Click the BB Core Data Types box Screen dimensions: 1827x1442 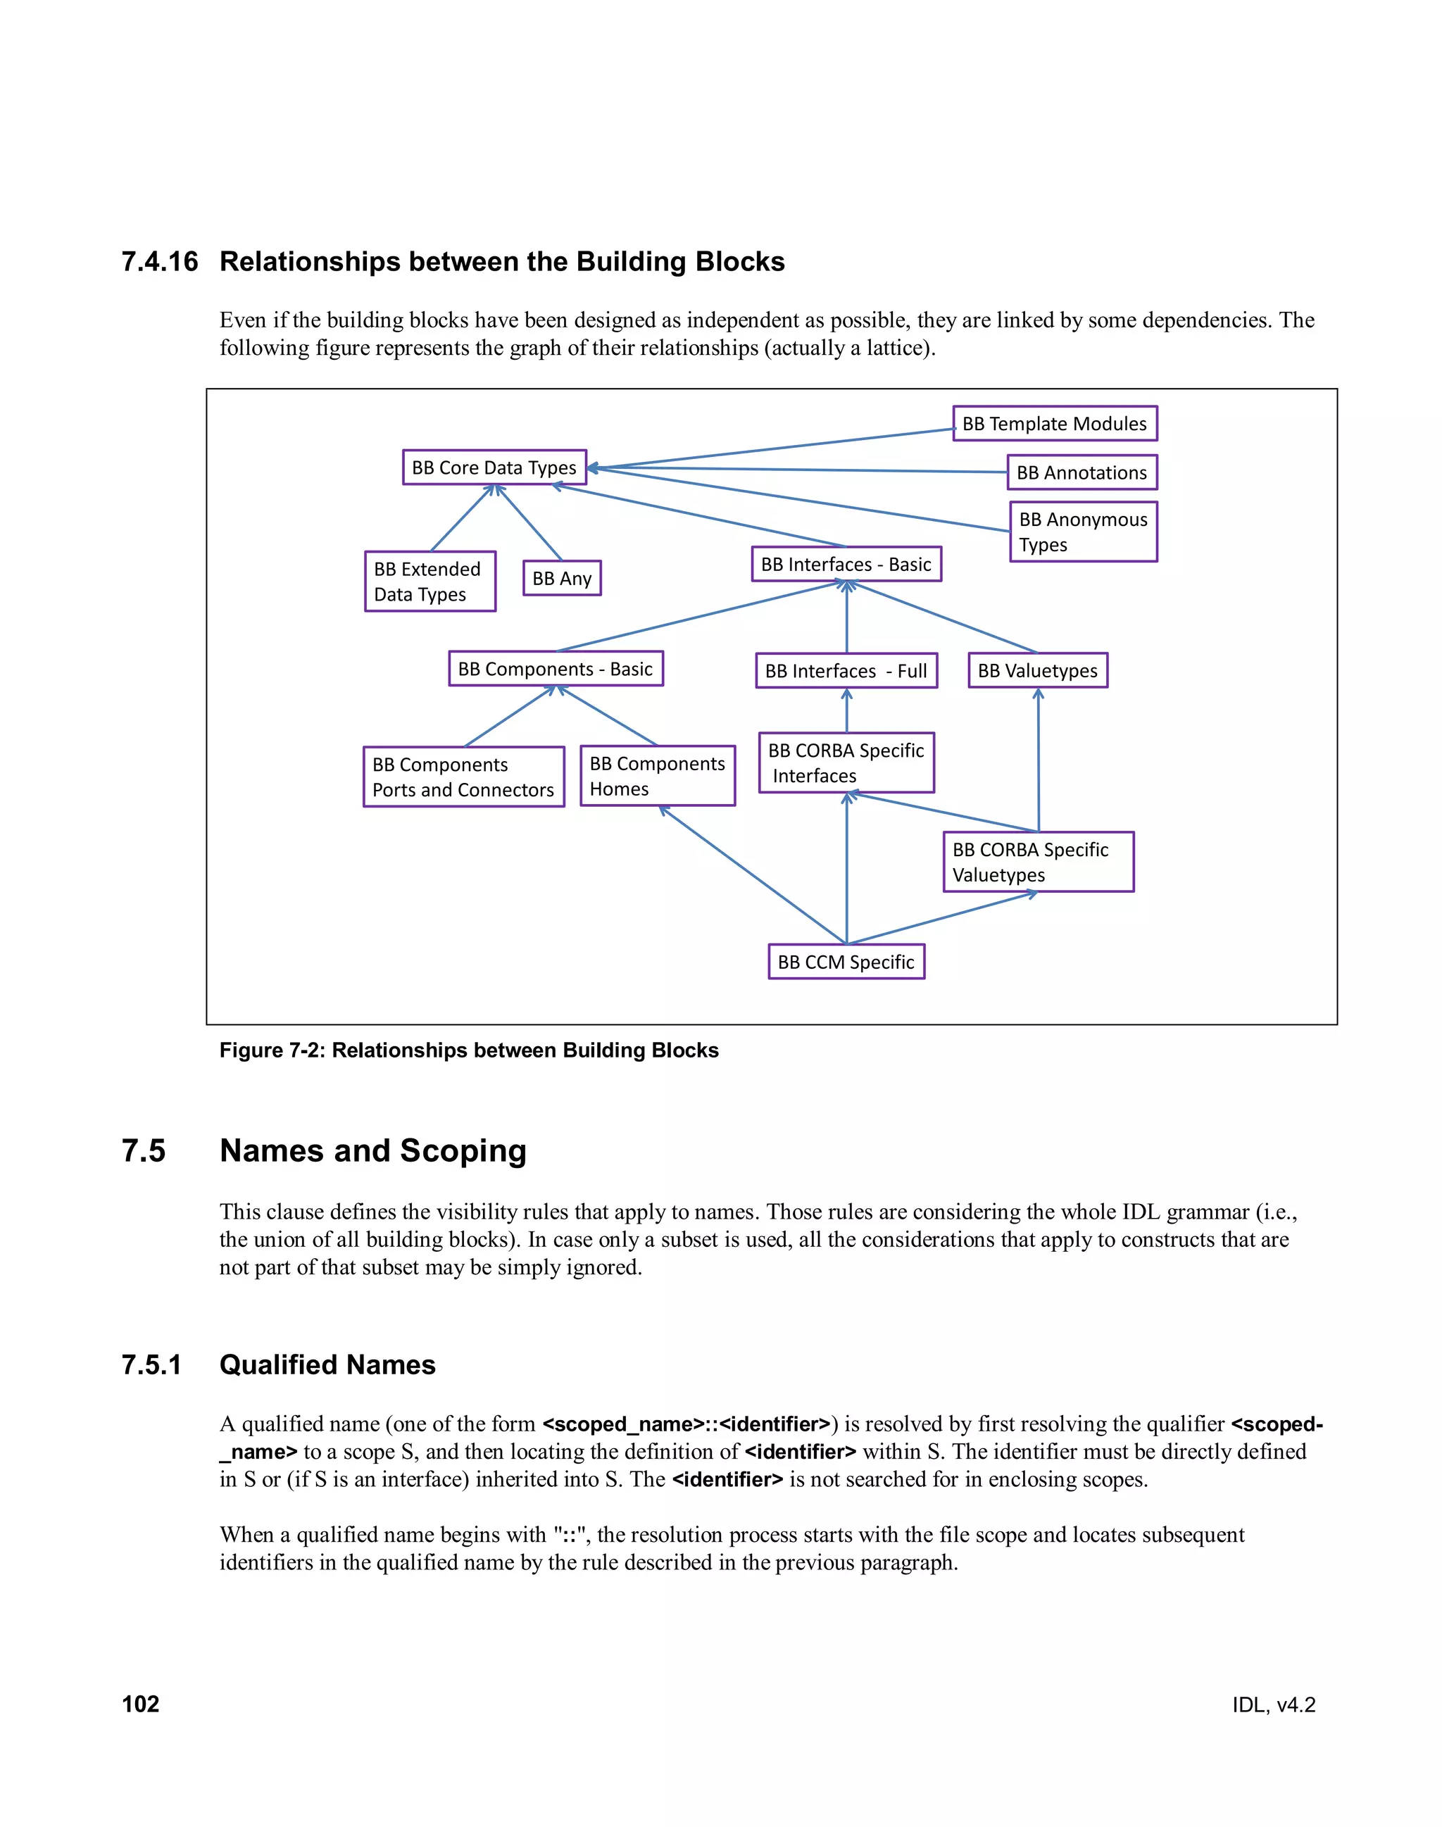pyautogui.click(x=494, y=467)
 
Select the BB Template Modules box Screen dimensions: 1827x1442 pyautogui.click(x=1055, y=423)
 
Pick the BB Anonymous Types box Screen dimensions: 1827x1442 pyautogui.click(x=1083, y=531)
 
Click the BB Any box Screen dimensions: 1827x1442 pyautogui.click(x=561, y=578)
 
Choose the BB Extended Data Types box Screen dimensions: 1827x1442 pyautogui.click(x=430, y=581)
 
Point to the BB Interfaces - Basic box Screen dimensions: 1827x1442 pyautogui.click(x=846, y=564)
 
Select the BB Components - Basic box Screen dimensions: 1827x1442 pyautogui.click(x=556, y=669)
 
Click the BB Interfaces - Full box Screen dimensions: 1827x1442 pyautogui.click(x=846, y=670)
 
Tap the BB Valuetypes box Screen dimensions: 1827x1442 pyautogui.click(x=1038, y=670)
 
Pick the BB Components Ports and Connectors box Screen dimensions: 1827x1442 pyautogui.click(x=463, y=777)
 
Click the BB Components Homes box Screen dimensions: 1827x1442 pyautogui.click(x=657, y=776)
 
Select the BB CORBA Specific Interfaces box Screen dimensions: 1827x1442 pyautogui.click(x=846, y=762)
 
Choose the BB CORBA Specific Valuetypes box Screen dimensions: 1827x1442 pyautogui.click(x=1038, y=861)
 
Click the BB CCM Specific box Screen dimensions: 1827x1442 pyautogui.click(x=846, y=962)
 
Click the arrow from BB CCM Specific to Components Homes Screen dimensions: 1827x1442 pyautogui.click(x=751, y=874)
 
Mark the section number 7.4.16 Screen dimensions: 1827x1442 pyautogui.click(x=160, y=262)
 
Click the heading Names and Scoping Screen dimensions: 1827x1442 pyautogui.click(x=372, y=1150)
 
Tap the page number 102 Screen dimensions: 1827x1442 pyautogui.click(x=140, y=1704)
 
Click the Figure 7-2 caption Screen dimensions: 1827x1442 pyautogui.click(x=468, y=1050)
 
